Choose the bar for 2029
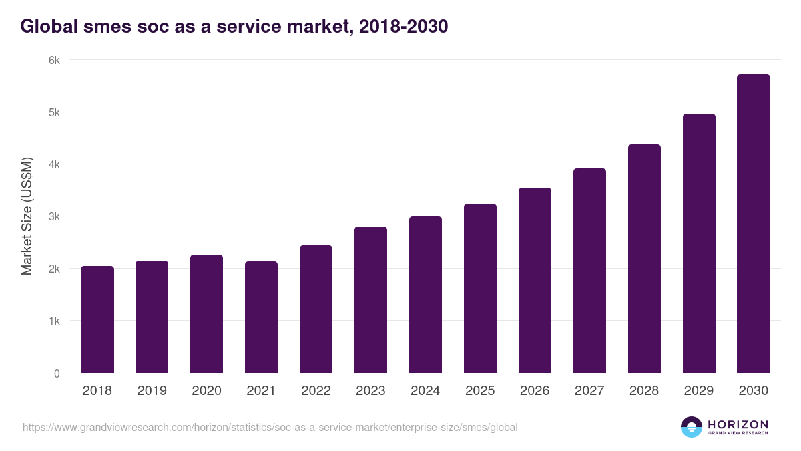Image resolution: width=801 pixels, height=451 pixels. tap(699, 243)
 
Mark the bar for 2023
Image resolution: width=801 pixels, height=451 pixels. tap(371, 300)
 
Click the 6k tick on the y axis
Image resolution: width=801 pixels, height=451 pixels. tap(54, 60)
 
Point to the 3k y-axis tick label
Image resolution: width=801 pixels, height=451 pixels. tap(54, 216)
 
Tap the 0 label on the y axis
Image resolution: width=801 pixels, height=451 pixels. tap(57, 373)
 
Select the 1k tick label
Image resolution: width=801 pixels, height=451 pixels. tap(54, 321)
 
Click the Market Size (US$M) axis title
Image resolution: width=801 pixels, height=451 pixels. tap(27, 216)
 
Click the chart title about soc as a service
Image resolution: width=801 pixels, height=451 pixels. tap(234, 27)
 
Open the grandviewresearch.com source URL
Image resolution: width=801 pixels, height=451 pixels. tap(270, 427)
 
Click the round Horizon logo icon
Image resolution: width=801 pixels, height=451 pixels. tap(692, 427)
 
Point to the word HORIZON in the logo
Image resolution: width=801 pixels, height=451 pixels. tap(738, 424)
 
